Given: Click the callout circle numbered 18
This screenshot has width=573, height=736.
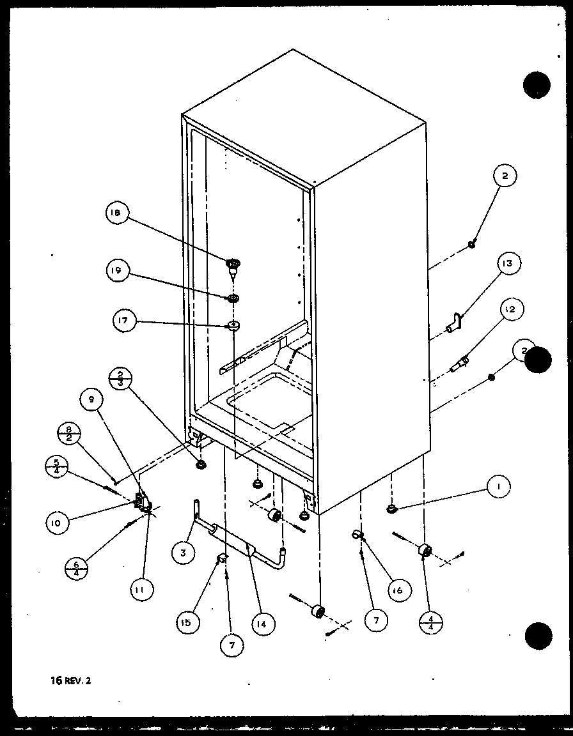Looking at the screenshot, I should pyautogui.click(x=118, y=213).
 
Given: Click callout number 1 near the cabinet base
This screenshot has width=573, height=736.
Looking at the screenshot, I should pyautogui.click(x=499, y=487).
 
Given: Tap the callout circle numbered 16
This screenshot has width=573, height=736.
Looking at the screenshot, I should pyautogui.click(x=396, y=590).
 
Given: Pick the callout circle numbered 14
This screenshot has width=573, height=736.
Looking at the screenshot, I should pyautogui.click(x=264, y=622).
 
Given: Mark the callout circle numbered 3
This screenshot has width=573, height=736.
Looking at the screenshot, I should pyautogui.click(x=183, y=553).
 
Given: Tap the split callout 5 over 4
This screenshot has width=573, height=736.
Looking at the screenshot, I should pyautogui.click(x=56, y=464).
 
